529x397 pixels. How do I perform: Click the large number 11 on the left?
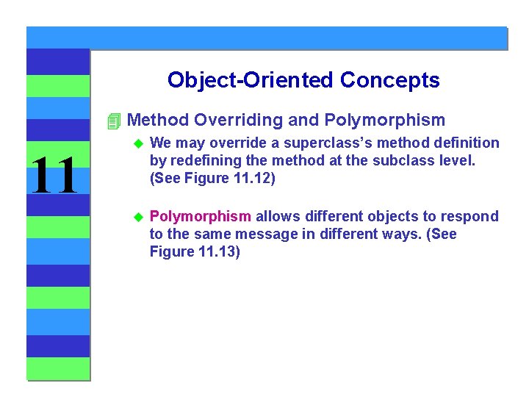(54, 176)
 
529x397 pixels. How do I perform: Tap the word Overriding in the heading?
(234, 120)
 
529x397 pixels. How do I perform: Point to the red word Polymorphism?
(201, 216)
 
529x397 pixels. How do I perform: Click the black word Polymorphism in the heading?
(384, 120)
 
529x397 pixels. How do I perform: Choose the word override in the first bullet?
(233, 143)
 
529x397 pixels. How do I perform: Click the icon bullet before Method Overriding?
(112, 121)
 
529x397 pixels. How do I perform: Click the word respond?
(472, 216)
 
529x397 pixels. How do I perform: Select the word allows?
(278, 216)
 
